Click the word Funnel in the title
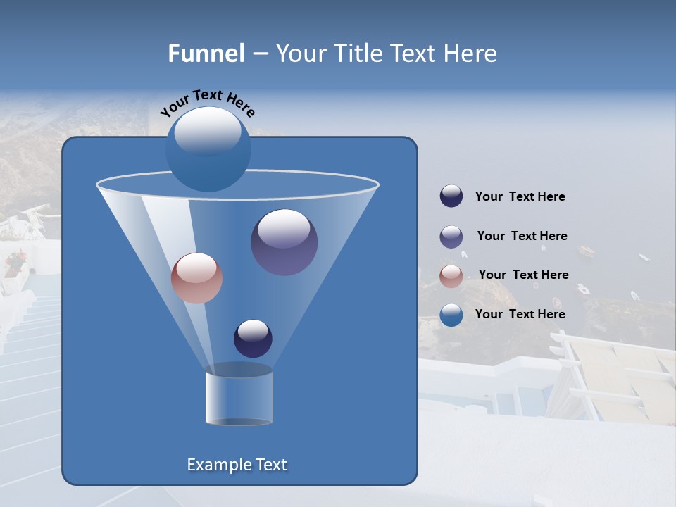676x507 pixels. (x=206, y=54)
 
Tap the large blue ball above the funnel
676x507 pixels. (x=208, y=149)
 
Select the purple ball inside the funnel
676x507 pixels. (x=284, y=242)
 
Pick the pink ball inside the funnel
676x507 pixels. (x=196, y=278)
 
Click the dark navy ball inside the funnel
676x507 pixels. (x=253, y=338)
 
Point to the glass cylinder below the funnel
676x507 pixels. (x=239, y=397)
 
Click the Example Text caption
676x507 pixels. (x=237, y=465)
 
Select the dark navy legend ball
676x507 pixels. (x=451, y=196)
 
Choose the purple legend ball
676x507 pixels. (x=451, y=237)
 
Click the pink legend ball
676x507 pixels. (x=451, y=276)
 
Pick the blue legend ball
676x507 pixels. (x=451, y=315)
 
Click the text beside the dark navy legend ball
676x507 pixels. (x=520, y=196)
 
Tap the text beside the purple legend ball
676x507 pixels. (x=522, y=236)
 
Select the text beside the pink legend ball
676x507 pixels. (x=523, y=275)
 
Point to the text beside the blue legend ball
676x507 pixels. (x=520, y=314)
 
